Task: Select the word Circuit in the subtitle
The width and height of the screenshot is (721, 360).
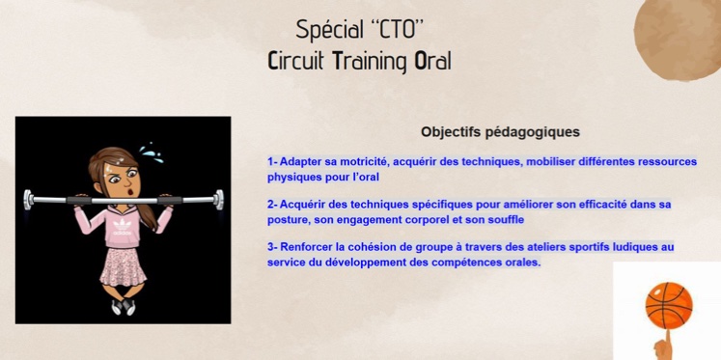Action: [295, 61]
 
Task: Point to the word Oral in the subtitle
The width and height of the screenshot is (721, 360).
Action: [432, 61]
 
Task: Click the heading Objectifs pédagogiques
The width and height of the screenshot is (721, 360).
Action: [500, 131]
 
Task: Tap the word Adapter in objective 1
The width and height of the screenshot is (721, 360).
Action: [303, 162]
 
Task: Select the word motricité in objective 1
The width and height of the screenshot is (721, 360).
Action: [363, 162]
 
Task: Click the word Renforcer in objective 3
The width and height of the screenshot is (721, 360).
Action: [307, 247]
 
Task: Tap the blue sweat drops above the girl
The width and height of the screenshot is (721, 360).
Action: [150, 152]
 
